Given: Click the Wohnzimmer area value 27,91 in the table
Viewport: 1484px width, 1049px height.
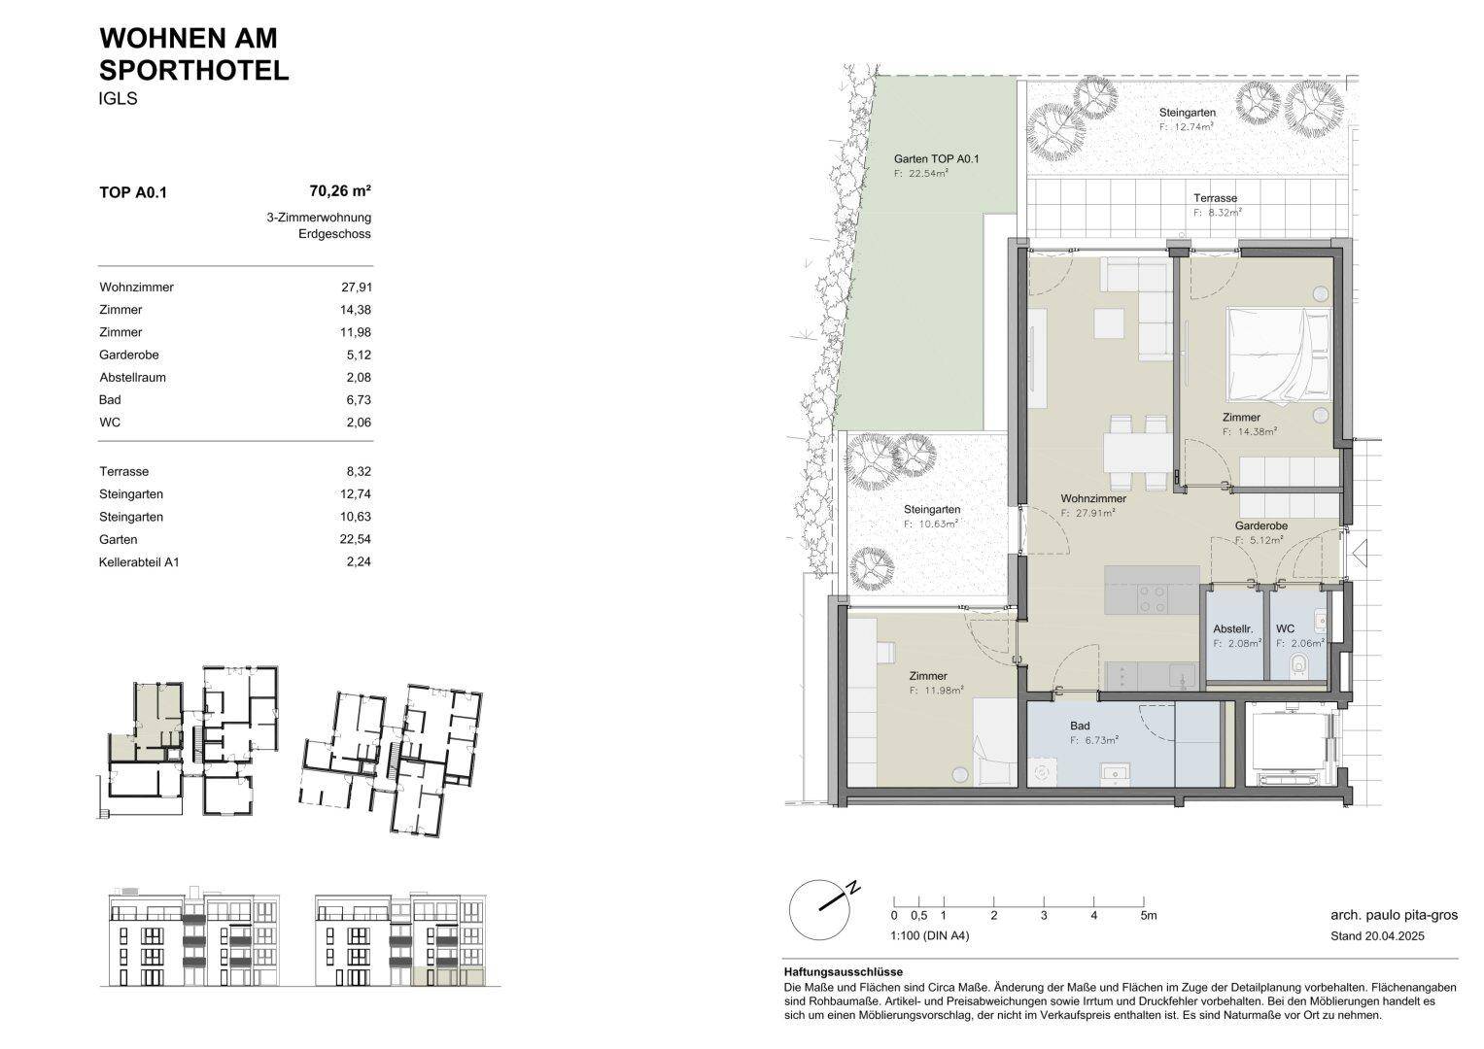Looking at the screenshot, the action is (356, 288).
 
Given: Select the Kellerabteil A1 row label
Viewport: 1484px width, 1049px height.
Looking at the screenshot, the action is (139, 562).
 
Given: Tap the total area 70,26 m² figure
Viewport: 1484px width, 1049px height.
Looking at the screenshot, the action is (340, 191).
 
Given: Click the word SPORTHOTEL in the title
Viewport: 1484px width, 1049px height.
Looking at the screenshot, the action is (194, 71).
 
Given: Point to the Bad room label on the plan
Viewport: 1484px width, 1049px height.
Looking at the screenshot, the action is (1080, 726).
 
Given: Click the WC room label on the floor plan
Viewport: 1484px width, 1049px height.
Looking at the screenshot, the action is (1285, 628).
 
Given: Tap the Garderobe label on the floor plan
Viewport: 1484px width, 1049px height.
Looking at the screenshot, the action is (1261, 525).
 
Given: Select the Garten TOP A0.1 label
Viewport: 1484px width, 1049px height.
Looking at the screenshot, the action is (936, 159).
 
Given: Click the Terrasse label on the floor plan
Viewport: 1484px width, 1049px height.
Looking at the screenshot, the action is (1216, 198).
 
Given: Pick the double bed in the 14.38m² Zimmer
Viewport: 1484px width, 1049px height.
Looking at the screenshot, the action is (1278, 355).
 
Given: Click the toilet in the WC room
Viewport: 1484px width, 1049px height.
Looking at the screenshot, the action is (1301, 665).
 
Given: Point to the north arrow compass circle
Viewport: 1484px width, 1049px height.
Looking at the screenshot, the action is (819, 909).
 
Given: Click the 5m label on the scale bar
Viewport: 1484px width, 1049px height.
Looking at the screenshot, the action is (1149, 916).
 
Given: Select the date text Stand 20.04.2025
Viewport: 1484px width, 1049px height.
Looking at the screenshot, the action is (1377, 936).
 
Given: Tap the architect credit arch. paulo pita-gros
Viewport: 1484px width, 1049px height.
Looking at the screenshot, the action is (1395, 915).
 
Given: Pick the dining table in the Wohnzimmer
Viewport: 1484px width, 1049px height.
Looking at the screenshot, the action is (1137, 453).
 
